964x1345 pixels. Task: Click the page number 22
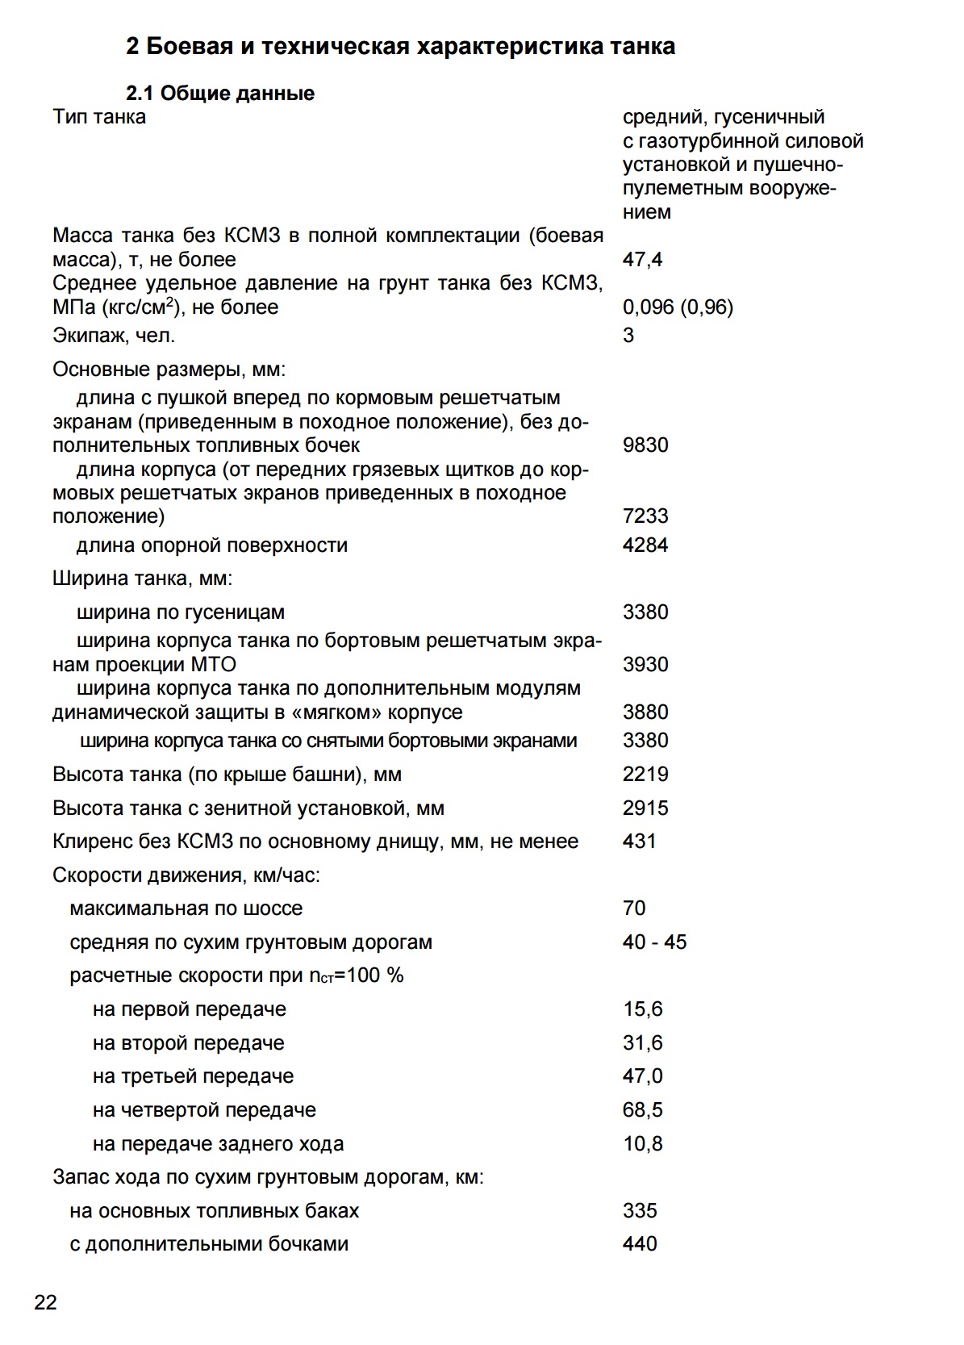(x=46, y=1301)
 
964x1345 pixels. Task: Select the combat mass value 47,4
(x=642, y=260)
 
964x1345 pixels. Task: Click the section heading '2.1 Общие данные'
(x=220, y=94)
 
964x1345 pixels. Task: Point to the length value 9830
(x=645, y=445)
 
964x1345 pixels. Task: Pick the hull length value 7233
(x=645, y=516)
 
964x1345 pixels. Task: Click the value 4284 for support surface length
(x=645, y=545)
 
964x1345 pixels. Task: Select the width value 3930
(x=645, y=665)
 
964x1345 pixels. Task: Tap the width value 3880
(x=645, y=712)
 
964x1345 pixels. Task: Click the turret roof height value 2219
(x=645, y=775)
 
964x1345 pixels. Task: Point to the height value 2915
(x=645, y=808)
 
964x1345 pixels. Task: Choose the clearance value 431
(x=639, y=842)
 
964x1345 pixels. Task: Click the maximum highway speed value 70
(x=634, y=909)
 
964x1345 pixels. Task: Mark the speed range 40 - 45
(x=654, y=942)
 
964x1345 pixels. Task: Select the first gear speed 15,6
(x=642, y=1009)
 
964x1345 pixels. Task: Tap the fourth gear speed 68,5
(x=642, y=1110)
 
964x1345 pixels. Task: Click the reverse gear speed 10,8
(x=642, y=1144)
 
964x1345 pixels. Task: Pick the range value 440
(x=640, y=1244)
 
